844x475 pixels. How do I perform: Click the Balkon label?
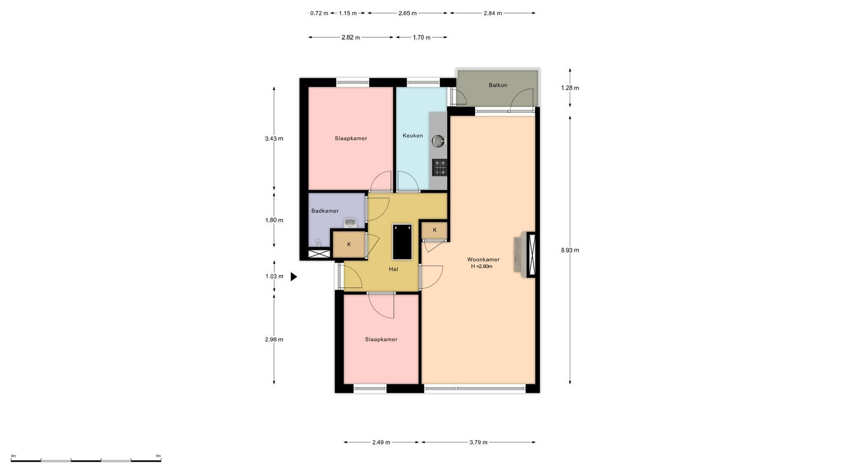pyautogui.click(x=498, y=85)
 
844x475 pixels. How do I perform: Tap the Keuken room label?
pyautogui.click(x=413, y=135)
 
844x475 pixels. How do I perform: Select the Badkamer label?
pyautogui.click(x=325, y=211)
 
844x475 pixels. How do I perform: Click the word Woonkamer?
pyautogui.click(x=483, y=259)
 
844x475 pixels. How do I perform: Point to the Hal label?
pyautogui.click(x=393, y=269)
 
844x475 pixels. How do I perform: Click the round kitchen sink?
pyautogui.click(x=438, y=141)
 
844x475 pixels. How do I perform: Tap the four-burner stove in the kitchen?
pyautogui.click(x=440, y=168)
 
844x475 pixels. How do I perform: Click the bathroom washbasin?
pyautogui.click(x=350, y=223)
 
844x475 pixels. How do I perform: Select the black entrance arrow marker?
pyautogui.click(x=294, y=277)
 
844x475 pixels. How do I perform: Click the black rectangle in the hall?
pyautogui.click(x=402, y=242)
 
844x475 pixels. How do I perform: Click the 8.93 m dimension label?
pyautogui.click(x=570, y=250)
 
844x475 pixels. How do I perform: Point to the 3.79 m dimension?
pyautogui.click(x=478, y=442)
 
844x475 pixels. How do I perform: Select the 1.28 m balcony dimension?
pyautogui.click(x=570, y=88)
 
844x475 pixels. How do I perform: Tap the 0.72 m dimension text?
pyautogui.click(x=319, y=13)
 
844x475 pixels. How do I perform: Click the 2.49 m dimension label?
pyautogui.click(x=381, y=442)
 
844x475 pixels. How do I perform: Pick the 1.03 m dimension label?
pyautogui.click(x=274, y=276)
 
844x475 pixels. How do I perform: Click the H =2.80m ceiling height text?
pyautogui.click(x=482, y=266)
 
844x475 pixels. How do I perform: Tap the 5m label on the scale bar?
pyautogui.click(x=159, y=456)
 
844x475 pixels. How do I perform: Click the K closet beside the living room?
pyautogui.click(x=435, y=230)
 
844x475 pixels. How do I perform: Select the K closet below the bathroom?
pyautogui.click(x=349, y=244)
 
